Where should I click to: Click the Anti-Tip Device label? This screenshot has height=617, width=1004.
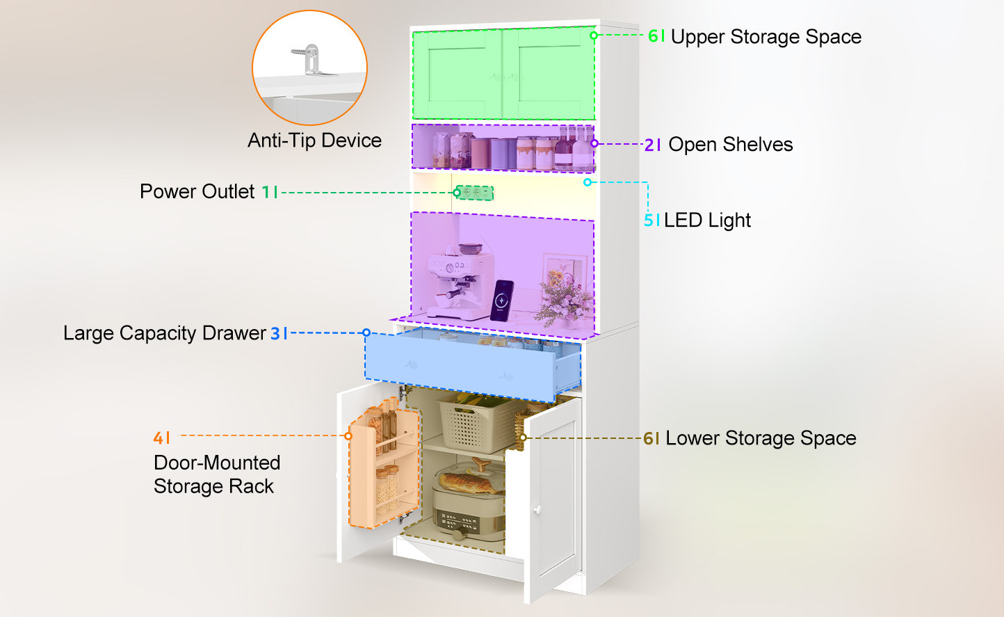[x=315, y=141]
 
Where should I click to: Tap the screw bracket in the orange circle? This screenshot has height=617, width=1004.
[x=312, y=61]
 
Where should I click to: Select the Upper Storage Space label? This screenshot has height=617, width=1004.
[x=766, y=37]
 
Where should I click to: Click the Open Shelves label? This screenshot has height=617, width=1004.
[x=731, y=145]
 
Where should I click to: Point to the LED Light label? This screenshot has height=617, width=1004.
[x=707, y=221]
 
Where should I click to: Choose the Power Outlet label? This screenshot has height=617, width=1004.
[x=197, y=191]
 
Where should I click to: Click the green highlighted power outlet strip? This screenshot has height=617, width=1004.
[x=474, y=193]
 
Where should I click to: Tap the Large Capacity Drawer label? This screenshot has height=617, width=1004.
[x=165, y=333]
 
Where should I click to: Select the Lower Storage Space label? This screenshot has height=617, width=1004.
[x=761, y=438]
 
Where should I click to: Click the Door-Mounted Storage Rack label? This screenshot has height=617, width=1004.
[x=217, y=474]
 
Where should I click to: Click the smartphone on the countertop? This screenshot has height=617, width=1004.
[x=502, y=301]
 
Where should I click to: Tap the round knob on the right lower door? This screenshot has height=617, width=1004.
[x=537, y=510]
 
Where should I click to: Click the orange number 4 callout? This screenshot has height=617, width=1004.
[x=159, y=438]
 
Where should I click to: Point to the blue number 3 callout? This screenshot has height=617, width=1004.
[x=275, y=333]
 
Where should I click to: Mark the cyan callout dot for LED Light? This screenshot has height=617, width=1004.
[x=588, y=182]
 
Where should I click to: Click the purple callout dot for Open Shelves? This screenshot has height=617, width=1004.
[x=594, y=143]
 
